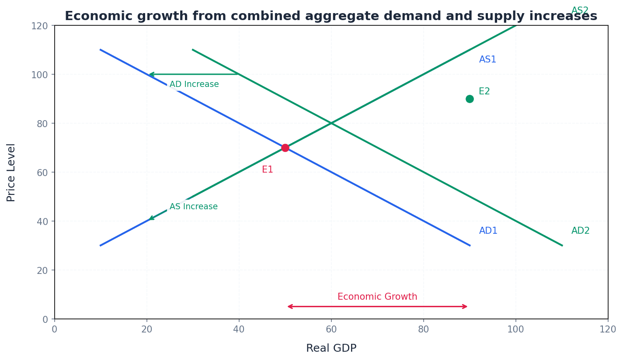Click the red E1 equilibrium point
[285, 148]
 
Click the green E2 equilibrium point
[470, 99]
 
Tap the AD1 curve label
[488, 231]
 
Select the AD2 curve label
[580, 231]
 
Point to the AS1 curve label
[487, 59]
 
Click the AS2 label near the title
[580, 10]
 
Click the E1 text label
[267, 170]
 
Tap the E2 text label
[484, 91]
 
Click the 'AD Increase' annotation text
[194, 84]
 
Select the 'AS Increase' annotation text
[193, 207]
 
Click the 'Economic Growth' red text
[377, 297]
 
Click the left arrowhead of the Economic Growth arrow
[289, 307]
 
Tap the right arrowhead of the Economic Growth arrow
[466, 307]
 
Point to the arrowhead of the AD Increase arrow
[150, 74]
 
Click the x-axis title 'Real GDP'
[331, 348]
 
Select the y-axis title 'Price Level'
[11, 172]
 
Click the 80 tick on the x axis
[423, 329]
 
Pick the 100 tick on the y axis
[39, 74]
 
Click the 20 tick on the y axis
[42, 270]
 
